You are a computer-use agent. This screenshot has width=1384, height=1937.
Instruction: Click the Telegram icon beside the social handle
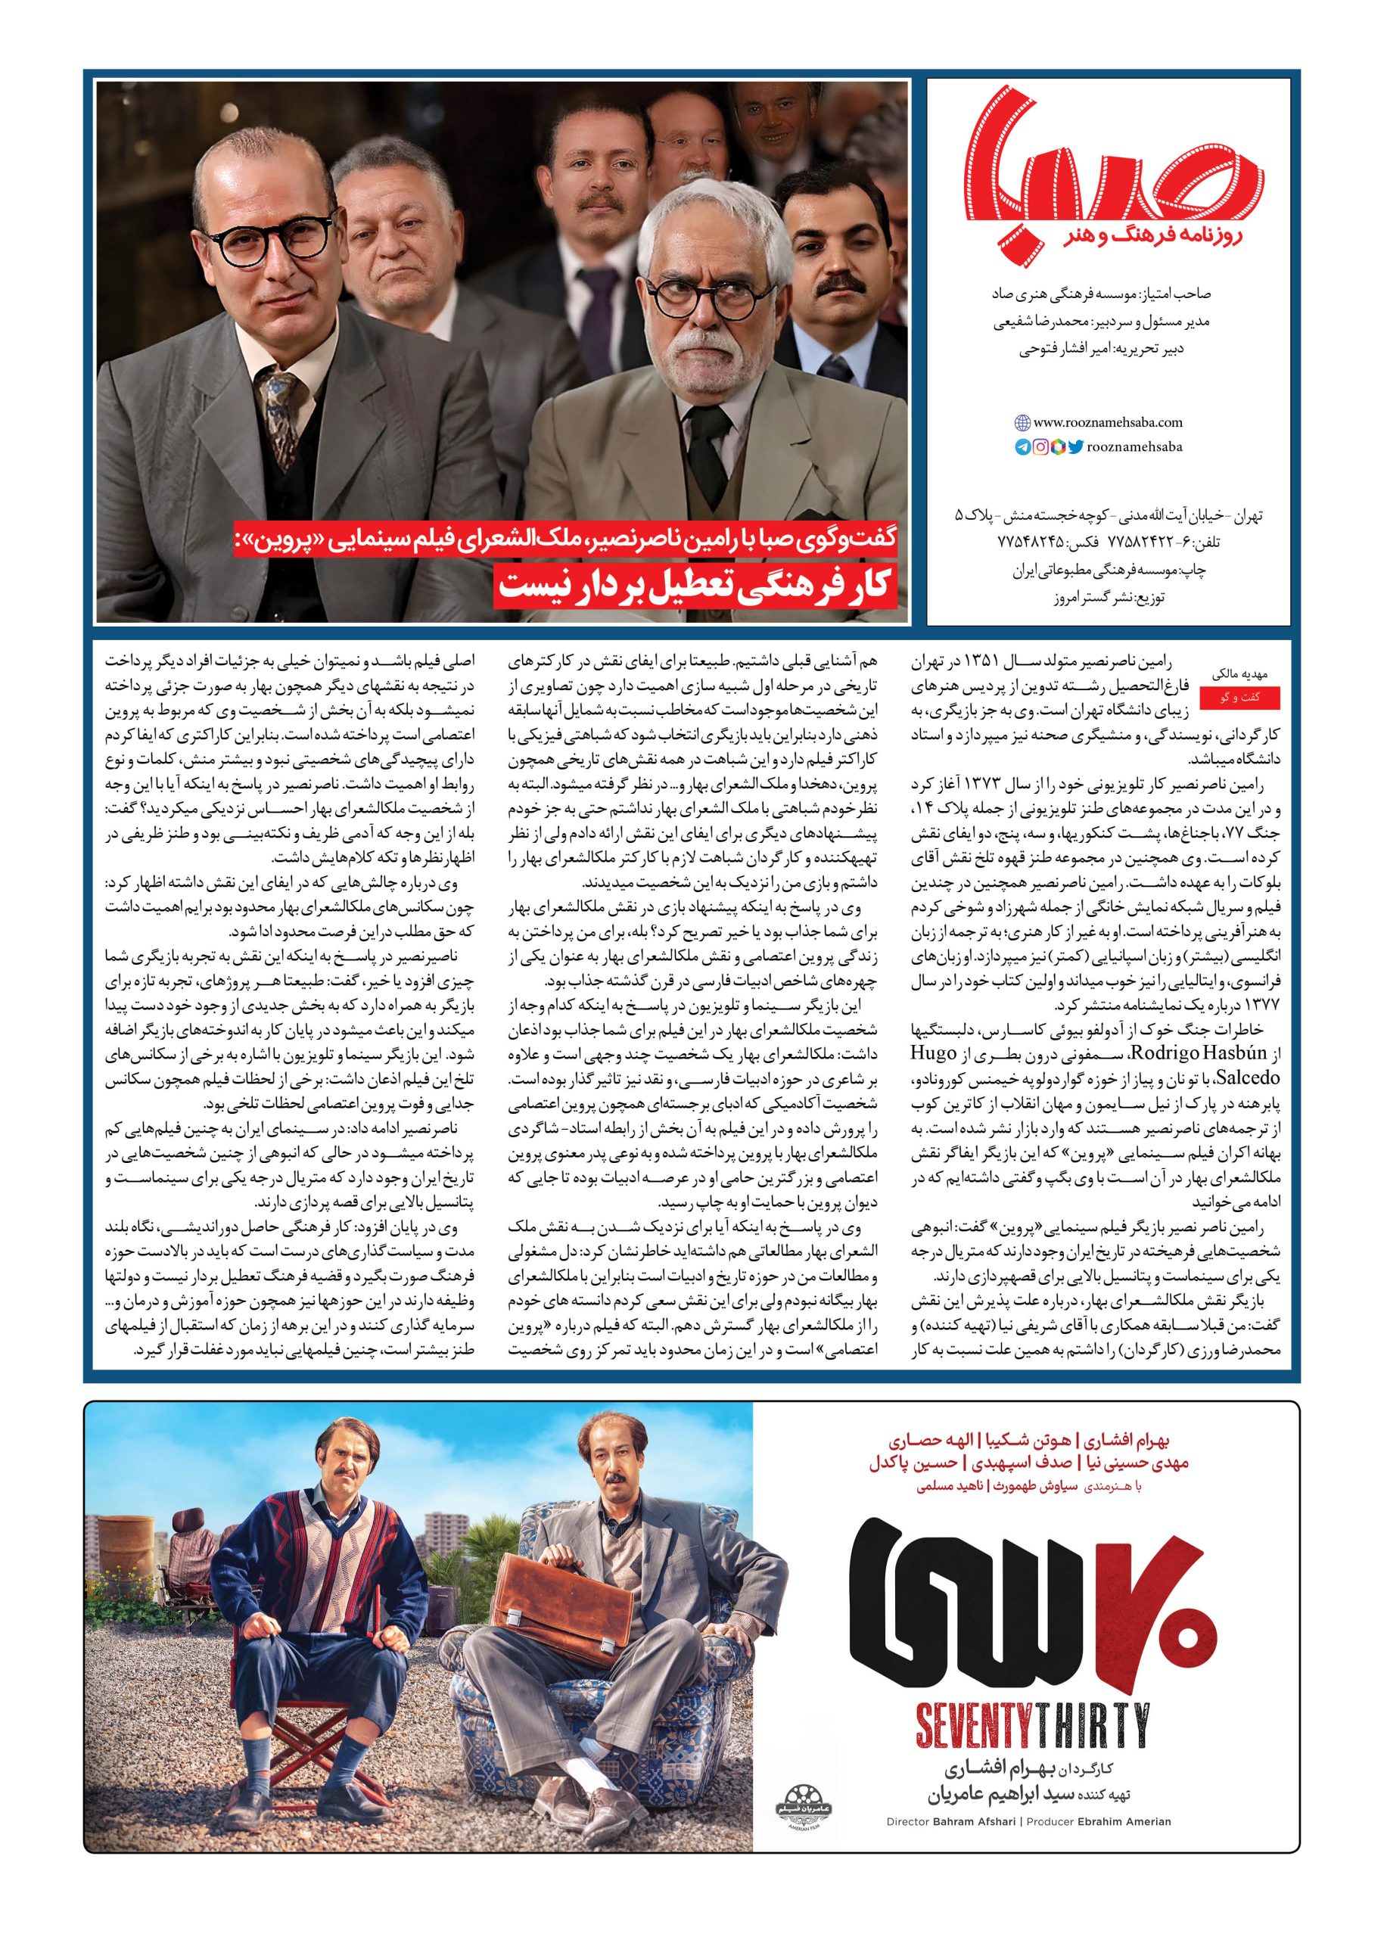[1022, 446]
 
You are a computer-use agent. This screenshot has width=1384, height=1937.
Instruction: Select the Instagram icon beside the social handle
[1040, 446]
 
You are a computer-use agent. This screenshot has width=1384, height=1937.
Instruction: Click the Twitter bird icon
[1075, 446]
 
